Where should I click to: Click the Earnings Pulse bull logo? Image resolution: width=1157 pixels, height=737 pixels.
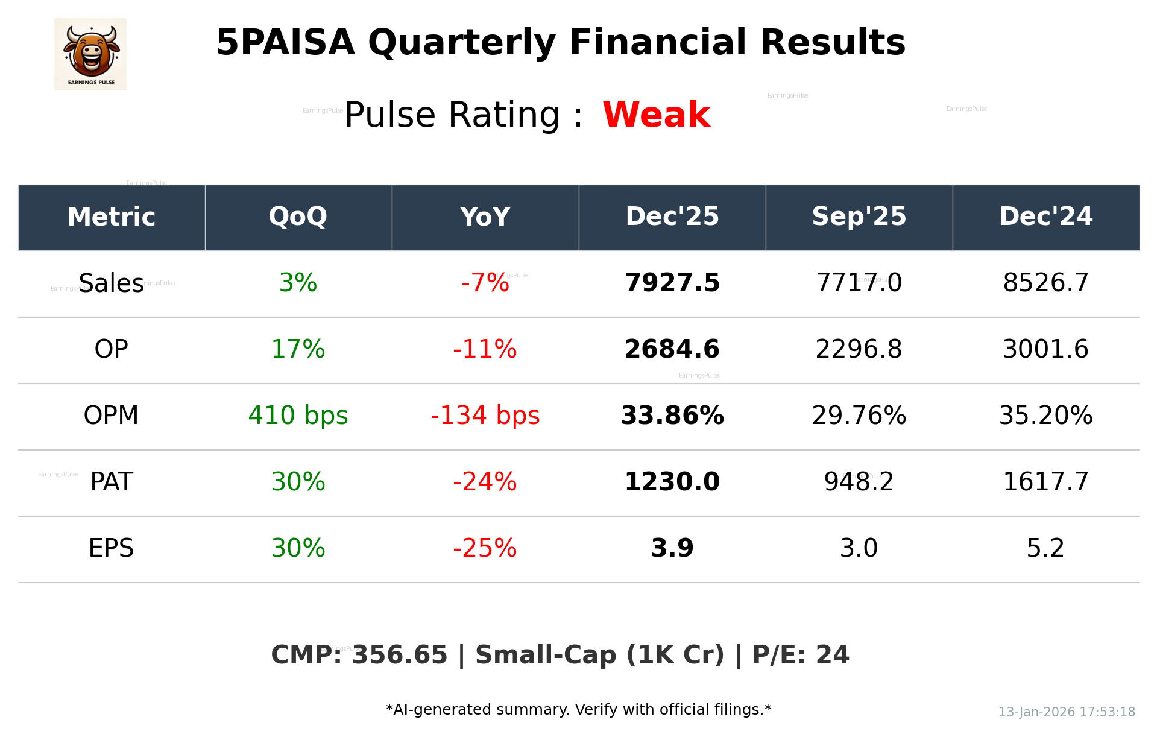(x=90, y=54)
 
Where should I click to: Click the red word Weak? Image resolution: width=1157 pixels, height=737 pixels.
(x=656, y=115)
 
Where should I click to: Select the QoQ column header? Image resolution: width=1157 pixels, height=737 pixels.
(x=298, y=217)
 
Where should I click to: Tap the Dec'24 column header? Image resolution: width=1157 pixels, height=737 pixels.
(x=1045, y=217)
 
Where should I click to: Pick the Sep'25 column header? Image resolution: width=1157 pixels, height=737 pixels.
(x=859, y=217)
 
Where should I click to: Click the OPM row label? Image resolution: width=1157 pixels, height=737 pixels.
(x=111, y=416)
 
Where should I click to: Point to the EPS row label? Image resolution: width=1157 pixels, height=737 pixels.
(x=111, y=548)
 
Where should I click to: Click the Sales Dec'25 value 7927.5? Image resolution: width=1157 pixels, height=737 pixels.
(x=672, y=283)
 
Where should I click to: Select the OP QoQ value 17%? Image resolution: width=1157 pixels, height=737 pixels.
(x=298, y=349)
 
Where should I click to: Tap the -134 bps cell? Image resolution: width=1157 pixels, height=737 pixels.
(x=485, y=416)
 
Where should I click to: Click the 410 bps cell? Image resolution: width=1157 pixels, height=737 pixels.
(x=298, y=416)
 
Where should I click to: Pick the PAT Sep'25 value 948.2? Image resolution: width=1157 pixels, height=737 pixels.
(x=859, y=482)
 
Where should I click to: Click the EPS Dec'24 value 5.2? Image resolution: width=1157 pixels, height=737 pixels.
(x=1045, y=548)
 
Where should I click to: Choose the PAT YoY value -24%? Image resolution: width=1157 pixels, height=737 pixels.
(x=485, y=482)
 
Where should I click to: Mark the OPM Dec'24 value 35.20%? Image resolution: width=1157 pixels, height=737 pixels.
(x=1045, y=416)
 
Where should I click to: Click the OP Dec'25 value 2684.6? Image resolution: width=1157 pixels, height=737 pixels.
(x=672, y=349)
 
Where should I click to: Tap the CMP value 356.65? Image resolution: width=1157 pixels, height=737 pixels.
(x=399, y=655)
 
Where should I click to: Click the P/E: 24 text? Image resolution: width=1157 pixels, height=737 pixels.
(x=800, y=655)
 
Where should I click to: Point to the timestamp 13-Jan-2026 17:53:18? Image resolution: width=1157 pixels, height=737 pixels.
(x=1066, y=712)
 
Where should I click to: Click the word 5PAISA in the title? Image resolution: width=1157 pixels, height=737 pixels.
(x=285, y=43)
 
